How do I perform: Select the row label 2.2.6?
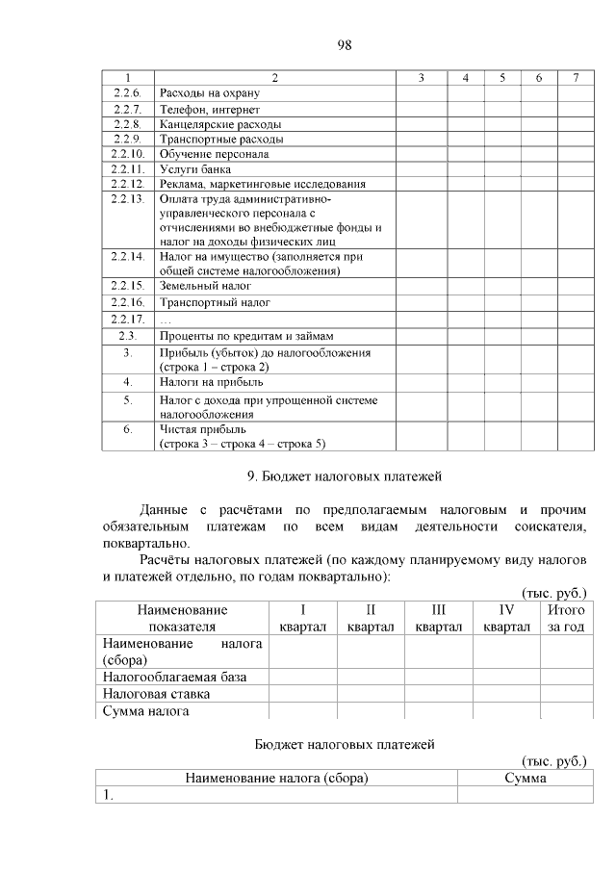127,93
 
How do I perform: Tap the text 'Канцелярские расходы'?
220,124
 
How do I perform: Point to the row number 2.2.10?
127,153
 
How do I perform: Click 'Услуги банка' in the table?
189,168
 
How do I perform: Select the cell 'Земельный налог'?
204,287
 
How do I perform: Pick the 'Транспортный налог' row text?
214,302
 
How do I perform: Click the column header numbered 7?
575,77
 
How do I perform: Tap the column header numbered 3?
422,77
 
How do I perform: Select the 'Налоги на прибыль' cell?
210,382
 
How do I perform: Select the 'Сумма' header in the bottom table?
526,779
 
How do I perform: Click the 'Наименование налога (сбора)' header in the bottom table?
277,779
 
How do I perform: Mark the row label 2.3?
127,335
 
